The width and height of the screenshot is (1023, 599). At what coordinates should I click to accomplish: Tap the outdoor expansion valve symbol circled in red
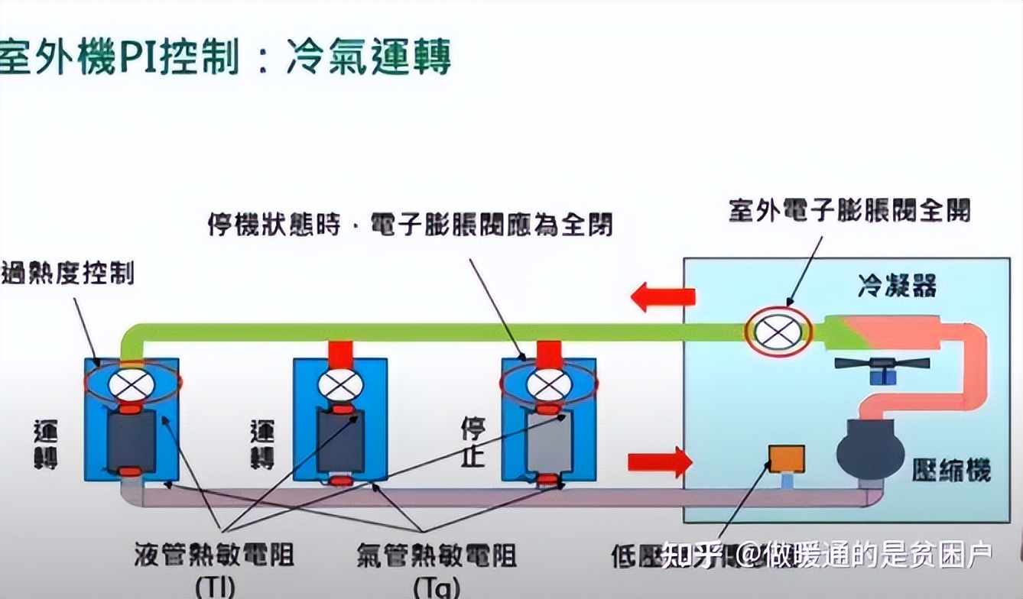click(x=778, y=331)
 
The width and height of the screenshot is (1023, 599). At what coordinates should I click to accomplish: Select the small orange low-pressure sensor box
click(x=785, y=458)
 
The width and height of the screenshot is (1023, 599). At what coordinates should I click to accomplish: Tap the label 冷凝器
click(x=897, y=287)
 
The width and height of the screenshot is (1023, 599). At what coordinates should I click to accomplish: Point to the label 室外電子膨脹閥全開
click(x=849, y=210)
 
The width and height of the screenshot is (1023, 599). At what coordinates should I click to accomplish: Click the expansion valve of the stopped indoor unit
click(x=549, y=385)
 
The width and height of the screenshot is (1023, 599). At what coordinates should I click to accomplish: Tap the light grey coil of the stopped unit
click(x=549, y=442)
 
